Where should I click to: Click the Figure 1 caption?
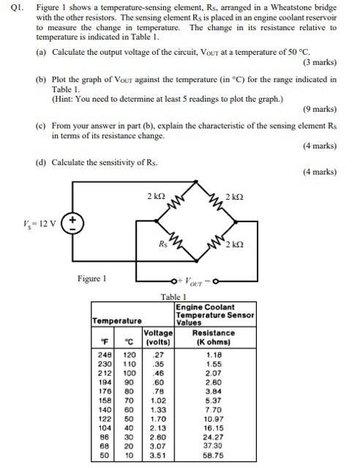(93, 278)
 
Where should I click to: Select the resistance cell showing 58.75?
(215, 454)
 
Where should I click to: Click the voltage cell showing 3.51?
(159, 454)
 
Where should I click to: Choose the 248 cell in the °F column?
(105, 353)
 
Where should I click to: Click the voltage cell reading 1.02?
(159, 401)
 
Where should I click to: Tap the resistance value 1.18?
(215, 353)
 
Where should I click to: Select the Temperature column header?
(117, 320)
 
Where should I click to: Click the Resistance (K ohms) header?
(215, 336)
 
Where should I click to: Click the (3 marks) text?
(318, 63)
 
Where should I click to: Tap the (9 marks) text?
(318, 110)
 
